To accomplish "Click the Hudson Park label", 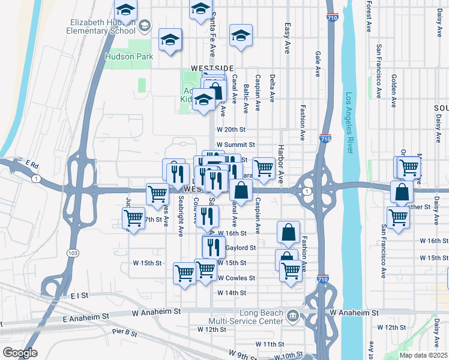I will pos(128,57).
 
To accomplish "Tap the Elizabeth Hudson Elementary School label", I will pos(100,26).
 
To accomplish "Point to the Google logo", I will pos(19,352).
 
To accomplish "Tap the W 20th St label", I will pos(232,130).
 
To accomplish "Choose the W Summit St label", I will pos(235,145).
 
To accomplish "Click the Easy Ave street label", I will pos(288,39).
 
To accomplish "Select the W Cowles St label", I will pos(236,278).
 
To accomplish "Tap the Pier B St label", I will pos(125,332).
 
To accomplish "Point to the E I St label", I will pos(79,296).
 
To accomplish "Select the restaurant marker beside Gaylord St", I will pos(213,246).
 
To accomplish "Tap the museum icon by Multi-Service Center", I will pos(292,315).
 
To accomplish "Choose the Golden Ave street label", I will pos(394,90).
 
